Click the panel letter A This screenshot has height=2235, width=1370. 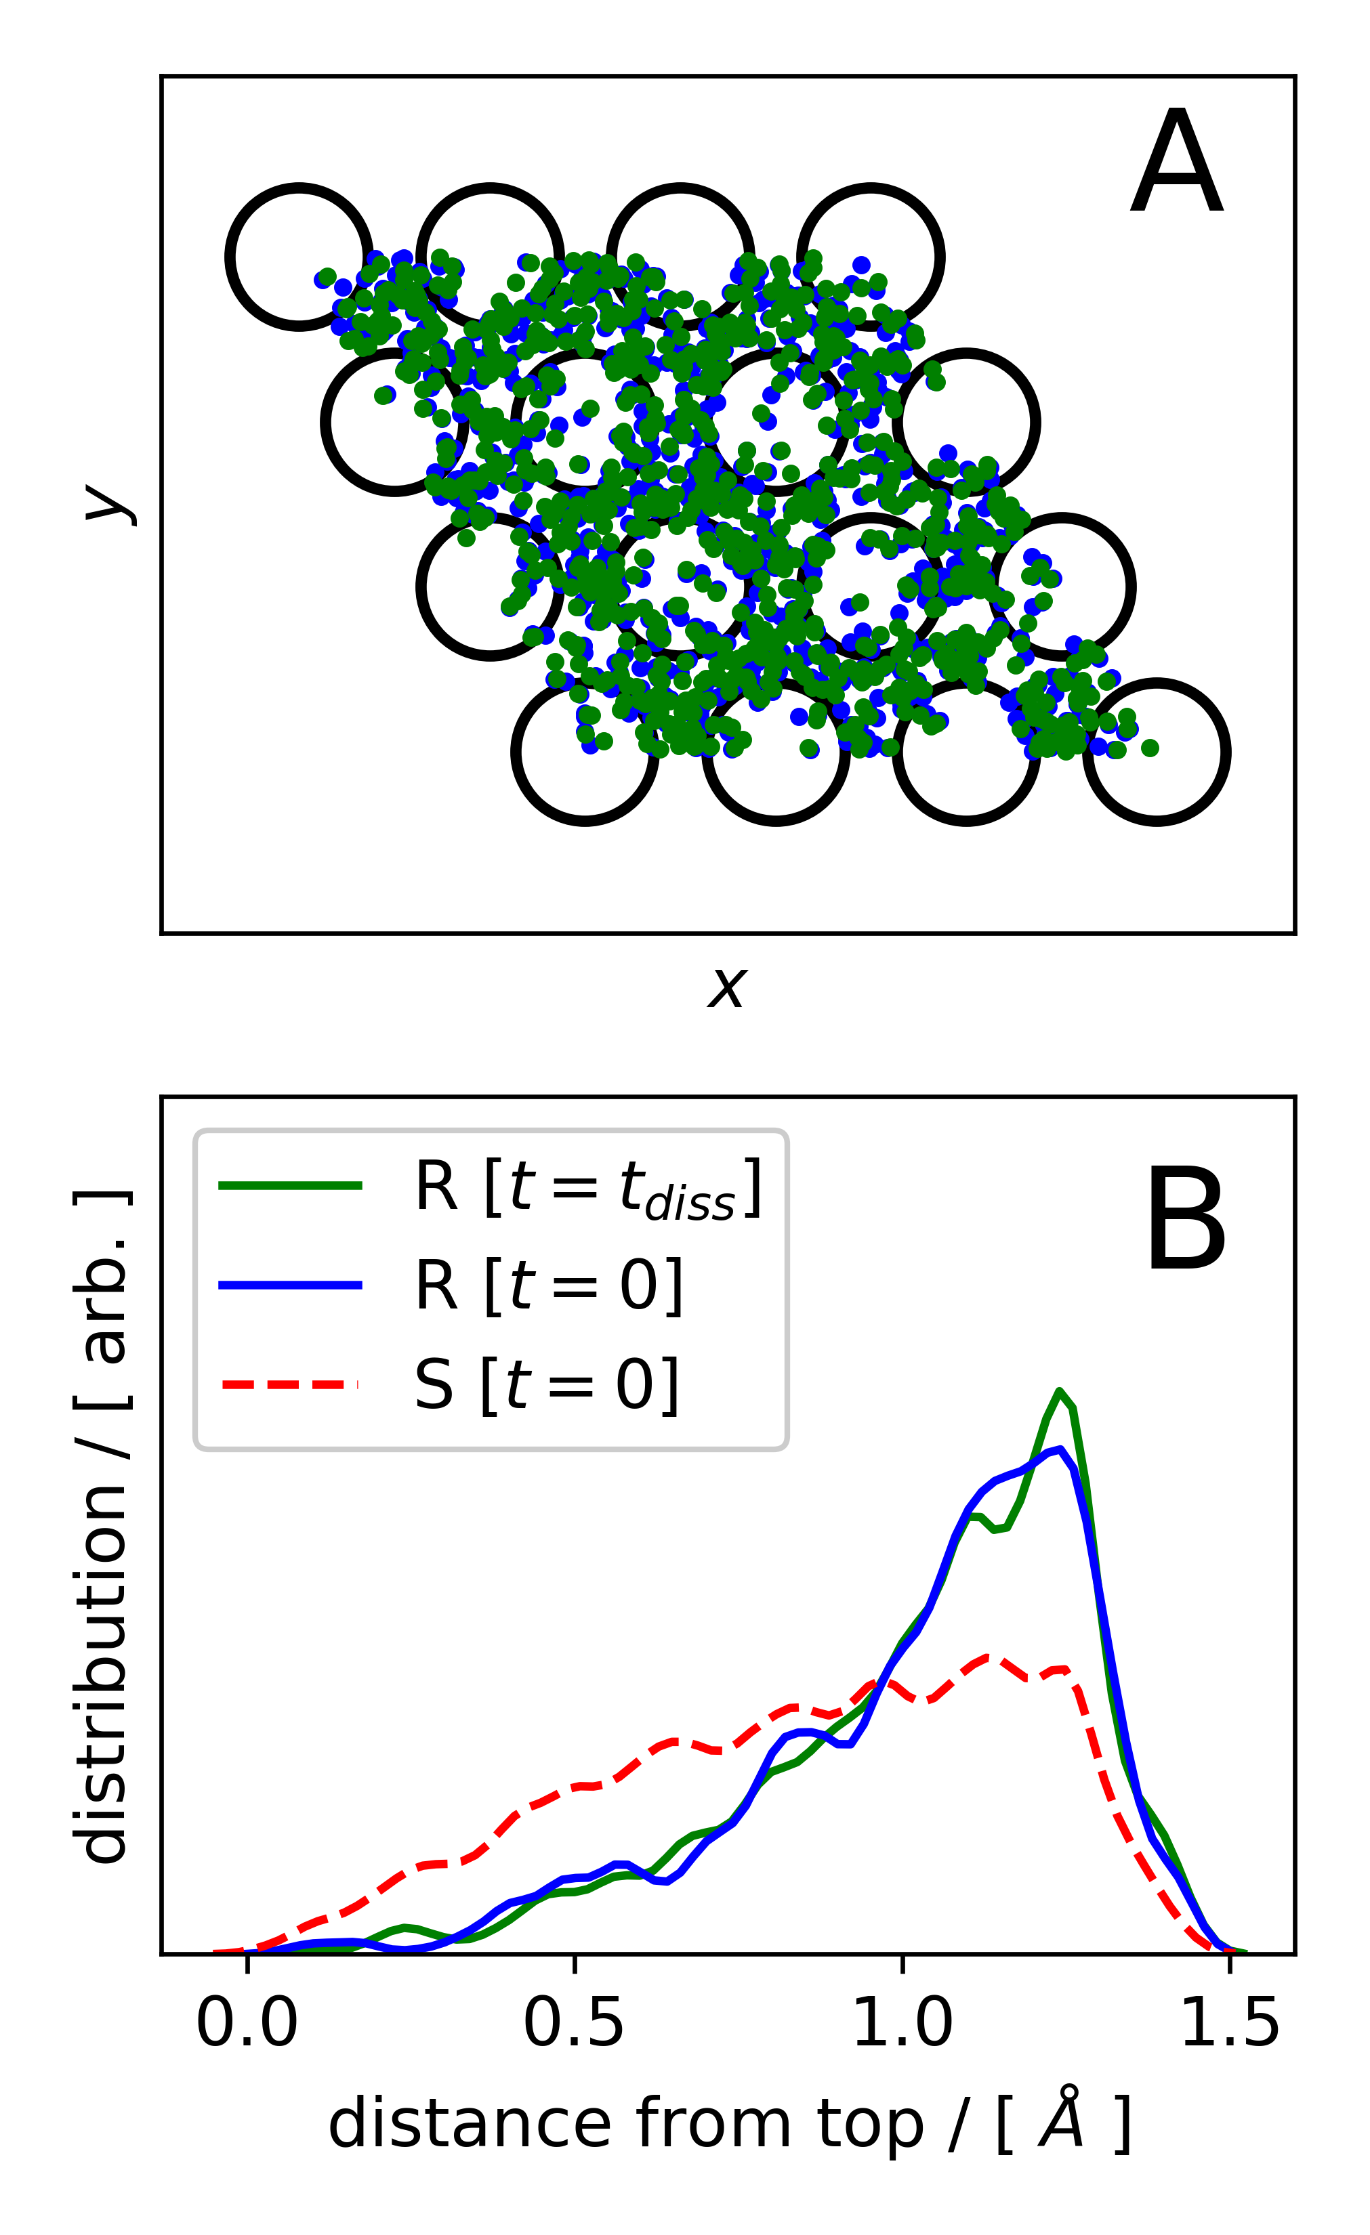pos(1177,163)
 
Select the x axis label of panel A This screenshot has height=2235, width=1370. pos(727,987)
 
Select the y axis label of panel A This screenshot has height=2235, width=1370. pos(110,505)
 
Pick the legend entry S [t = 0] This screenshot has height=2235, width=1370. pos(547,1385)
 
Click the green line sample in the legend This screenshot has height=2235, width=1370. pos(291,1185)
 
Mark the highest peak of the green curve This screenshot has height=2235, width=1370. pos(1059,1390)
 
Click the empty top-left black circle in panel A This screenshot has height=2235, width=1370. pos(299,257)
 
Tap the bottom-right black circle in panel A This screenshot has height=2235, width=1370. pos(1157,751)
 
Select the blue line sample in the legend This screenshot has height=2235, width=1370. pos(291,1284)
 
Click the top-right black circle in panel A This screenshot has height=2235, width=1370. pos(871,257)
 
